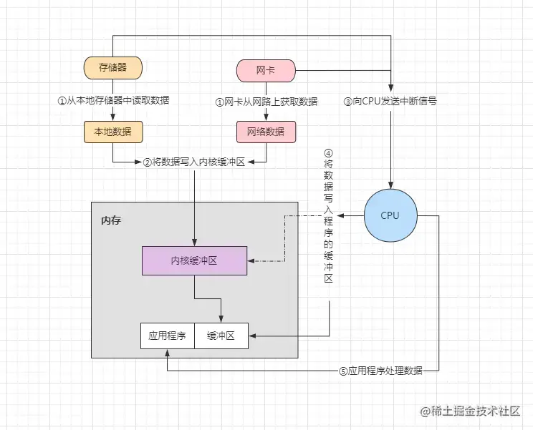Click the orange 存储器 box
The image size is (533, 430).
(113, 68)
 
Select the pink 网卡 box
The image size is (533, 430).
(266, 71)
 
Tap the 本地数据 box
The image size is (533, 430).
(113, 132)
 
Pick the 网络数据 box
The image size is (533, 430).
(266, 132)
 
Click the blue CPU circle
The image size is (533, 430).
(390, 215)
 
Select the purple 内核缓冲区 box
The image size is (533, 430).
(194, 260)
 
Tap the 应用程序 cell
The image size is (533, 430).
(168, 336)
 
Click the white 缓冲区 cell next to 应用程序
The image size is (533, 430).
(221, 336)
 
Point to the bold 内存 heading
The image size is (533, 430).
(111, 220)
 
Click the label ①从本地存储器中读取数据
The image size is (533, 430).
(113, 100)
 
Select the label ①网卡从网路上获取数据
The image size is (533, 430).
(266, 102)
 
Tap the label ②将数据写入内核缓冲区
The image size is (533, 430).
(194, 162)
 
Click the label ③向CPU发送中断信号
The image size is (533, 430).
(390, 101)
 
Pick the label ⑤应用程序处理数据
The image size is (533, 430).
(380, 371)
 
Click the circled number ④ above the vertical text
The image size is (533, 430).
(328, 153)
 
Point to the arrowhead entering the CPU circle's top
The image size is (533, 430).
(390, 185)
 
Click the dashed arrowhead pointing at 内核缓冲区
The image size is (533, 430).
(251, 261)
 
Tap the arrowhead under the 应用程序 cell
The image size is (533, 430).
(167, 353)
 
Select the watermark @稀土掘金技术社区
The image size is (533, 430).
(471, 411)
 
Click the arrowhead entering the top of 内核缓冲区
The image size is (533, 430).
(194, 243)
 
